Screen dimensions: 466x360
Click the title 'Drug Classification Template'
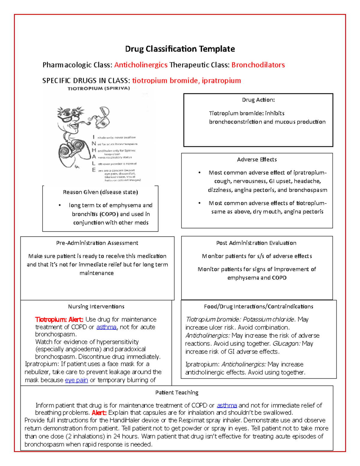(180, 49)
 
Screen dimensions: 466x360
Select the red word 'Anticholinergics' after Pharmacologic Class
(141, 65)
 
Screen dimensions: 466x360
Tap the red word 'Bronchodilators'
(258, 65)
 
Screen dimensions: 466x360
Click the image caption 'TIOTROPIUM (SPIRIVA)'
(99, 89)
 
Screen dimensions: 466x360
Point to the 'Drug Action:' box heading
(258, 100)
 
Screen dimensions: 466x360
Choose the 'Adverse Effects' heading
(257, 160)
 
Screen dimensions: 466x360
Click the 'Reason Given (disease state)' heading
(100, 192)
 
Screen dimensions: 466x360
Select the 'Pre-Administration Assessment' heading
(97, 243)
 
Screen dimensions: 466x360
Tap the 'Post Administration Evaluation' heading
(256, 243)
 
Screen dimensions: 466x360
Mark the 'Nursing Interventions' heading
(96, 307)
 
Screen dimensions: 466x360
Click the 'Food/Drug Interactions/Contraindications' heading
(258, 307)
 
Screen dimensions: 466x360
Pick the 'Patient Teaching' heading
(177, 392)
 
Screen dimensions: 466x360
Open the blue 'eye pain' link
(76, 380)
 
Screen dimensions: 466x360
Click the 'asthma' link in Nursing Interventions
(106, 327)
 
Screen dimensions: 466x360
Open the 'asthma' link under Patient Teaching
(227, 405)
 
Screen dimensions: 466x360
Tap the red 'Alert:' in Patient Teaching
(99, 413)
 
